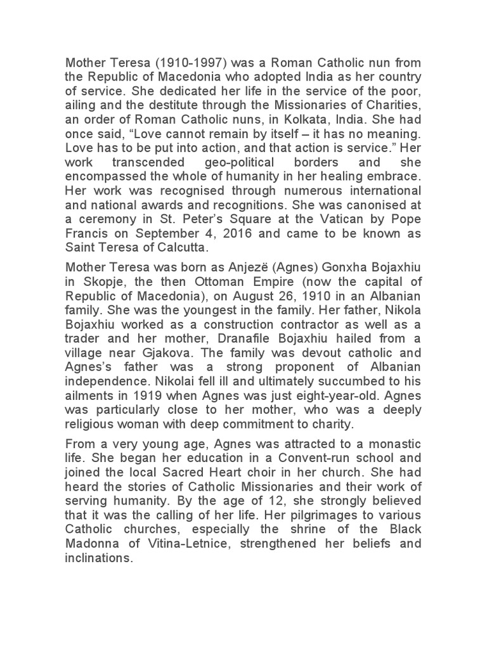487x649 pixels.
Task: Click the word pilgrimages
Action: click(x=299, y=515)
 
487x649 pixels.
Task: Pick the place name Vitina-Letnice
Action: click(x=171, y=544)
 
